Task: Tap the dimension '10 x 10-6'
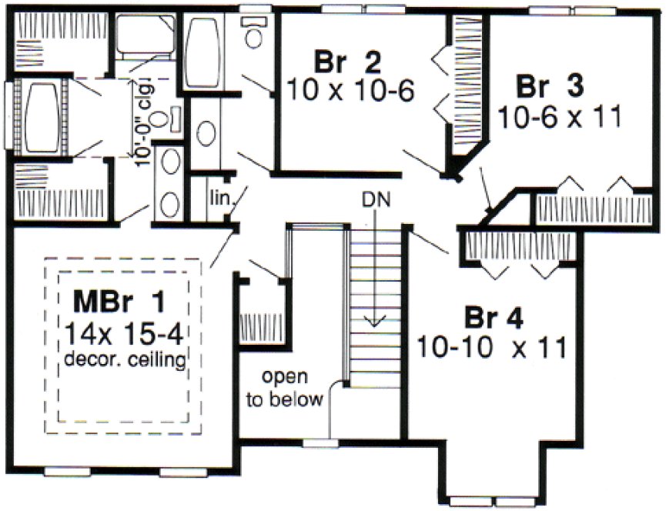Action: click(350, 89)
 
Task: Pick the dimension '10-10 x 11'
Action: click(493, 346)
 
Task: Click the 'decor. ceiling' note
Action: click(123, 359)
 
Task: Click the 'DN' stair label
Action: click(377, 202)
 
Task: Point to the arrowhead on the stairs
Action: click(377, 321)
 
